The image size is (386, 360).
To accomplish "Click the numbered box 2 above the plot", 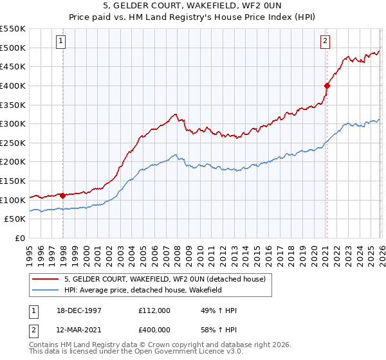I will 326,41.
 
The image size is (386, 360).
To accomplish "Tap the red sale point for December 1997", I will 63,195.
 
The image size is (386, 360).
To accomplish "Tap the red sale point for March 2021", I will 327,85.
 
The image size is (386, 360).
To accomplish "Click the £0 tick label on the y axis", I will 20,239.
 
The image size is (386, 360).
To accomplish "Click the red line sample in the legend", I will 46,278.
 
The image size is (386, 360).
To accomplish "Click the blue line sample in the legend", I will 46,290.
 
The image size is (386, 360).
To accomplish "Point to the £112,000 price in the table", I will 154,310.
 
